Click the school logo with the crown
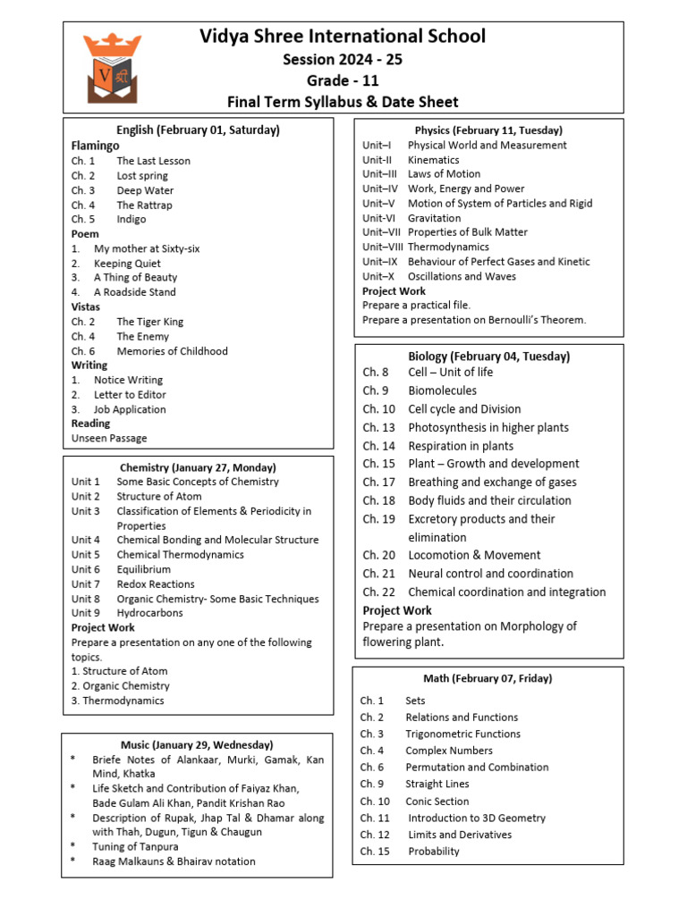coord(113,67)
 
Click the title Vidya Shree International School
coord(343,37)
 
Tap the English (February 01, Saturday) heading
coord(198,130)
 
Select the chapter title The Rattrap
coord(144,205)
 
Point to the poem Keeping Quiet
coord(127,264)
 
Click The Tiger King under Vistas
coord(150,322)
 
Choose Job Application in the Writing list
coord(130,409)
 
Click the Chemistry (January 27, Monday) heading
coord(198,467)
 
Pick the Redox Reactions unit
coord(156,583)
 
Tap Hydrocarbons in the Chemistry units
coord(149,613)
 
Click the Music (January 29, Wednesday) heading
coord(197,744)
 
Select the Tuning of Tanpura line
coord(135,846)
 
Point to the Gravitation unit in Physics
coord(434,218)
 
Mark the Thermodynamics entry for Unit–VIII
coord(448,247)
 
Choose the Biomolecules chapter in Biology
coord(442,390)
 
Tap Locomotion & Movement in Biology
coord(474,555)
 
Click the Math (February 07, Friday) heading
coord(488,678)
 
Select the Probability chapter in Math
coord(434,852)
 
